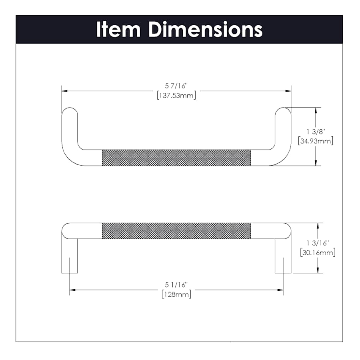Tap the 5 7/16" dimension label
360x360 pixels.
pyautogui.click(x=176, y=86)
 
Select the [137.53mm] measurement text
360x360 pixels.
pyautogui.click(x=176, y=95)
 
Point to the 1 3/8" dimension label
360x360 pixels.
pyautogui.click(x=316, y=132)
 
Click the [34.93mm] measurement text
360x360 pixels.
pyautogui.click(x=316, y=141)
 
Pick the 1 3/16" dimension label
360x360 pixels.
pyautogui.click(x=318, y=243)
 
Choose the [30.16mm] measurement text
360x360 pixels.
pyautogui.click(x=318, y=252)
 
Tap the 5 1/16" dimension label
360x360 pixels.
pyautogui.click(x=176, y=285)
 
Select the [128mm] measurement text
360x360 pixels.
pyautogui.click(x=176, y=294)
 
